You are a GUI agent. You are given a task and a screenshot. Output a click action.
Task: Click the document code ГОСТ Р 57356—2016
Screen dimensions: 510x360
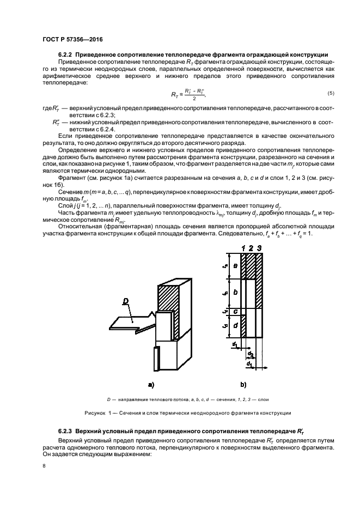click(x=73, y=40)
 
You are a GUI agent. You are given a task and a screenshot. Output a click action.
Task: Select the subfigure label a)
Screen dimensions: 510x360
click(x=152, y=385)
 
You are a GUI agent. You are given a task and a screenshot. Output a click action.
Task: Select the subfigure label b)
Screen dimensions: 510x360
click(x=243, y=385)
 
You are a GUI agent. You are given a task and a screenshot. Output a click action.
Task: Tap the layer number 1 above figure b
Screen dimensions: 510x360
click(x=244, y=248)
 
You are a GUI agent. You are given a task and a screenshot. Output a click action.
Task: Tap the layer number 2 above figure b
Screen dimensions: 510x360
click(x=252, y=248)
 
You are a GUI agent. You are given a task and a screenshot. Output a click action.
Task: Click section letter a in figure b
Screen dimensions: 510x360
click(x=235, y=265)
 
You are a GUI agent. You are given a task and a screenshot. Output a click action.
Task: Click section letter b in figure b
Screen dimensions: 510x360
click(x=235, y=292)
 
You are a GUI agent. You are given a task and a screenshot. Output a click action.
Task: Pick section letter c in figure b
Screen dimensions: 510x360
click(x=235, y=312)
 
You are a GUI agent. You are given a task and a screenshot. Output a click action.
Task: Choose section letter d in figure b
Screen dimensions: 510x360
click(x=235, y=325)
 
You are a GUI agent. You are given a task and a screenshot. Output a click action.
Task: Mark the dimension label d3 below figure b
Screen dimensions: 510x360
click(x=251, y=354)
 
